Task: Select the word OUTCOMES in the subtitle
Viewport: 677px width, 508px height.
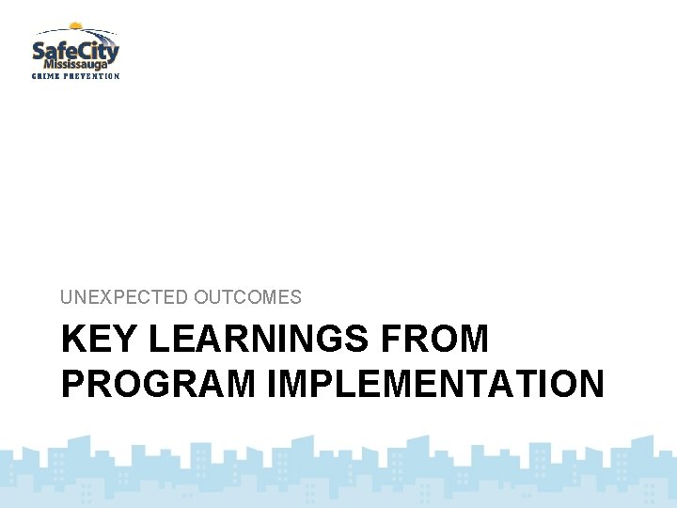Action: [248, 297]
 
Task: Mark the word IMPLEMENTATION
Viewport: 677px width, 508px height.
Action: [435, 384]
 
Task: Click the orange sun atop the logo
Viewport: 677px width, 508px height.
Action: [76, 26]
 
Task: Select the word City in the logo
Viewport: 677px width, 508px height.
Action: [98, 48]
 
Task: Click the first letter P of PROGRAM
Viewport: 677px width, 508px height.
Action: [71, 384]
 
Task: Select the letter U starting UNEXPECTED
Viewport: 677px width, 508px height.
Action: [67, 297]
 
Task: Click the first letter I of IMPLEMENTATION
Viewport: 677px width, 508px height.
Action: [271, 384]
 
